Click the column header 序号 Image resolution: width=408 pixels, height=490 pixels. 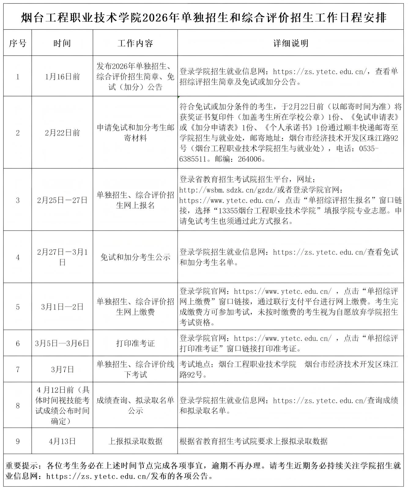(17, 43)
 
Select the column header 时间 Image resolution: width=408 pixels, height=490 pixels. (62, 43)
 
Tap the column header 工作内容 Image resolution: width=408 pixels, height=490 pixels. (135, 43)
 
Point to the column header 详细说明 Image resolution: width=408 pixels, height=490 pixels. (291, 43)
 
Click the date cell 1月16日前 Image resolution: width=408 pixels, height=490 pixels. (62, 77)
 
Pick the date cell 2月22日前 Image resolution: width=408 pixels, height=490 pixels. (62, 133)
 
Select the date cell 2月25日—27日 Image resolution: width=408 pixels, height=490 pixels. (62, 200)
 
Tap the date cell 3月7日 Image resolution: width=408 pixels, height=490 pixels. (62, 369)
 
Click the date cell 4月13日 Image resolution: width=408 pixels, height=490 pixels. (62, 441)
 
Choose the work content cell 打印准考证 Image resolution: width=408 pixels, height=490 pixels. (135, 343)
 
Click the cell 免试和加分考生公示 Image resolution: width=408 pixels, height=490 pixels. (135, 257)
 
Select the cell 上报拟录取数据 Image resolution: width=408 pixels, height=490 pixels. (135, 441)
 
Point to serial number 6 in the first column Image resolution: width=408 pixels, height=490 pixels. (17, 343)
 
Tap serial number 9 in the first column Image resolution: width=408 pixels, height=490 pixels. (17, 441)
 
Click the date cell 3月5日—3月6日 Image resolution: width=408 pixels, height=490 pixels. (62, 343)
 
